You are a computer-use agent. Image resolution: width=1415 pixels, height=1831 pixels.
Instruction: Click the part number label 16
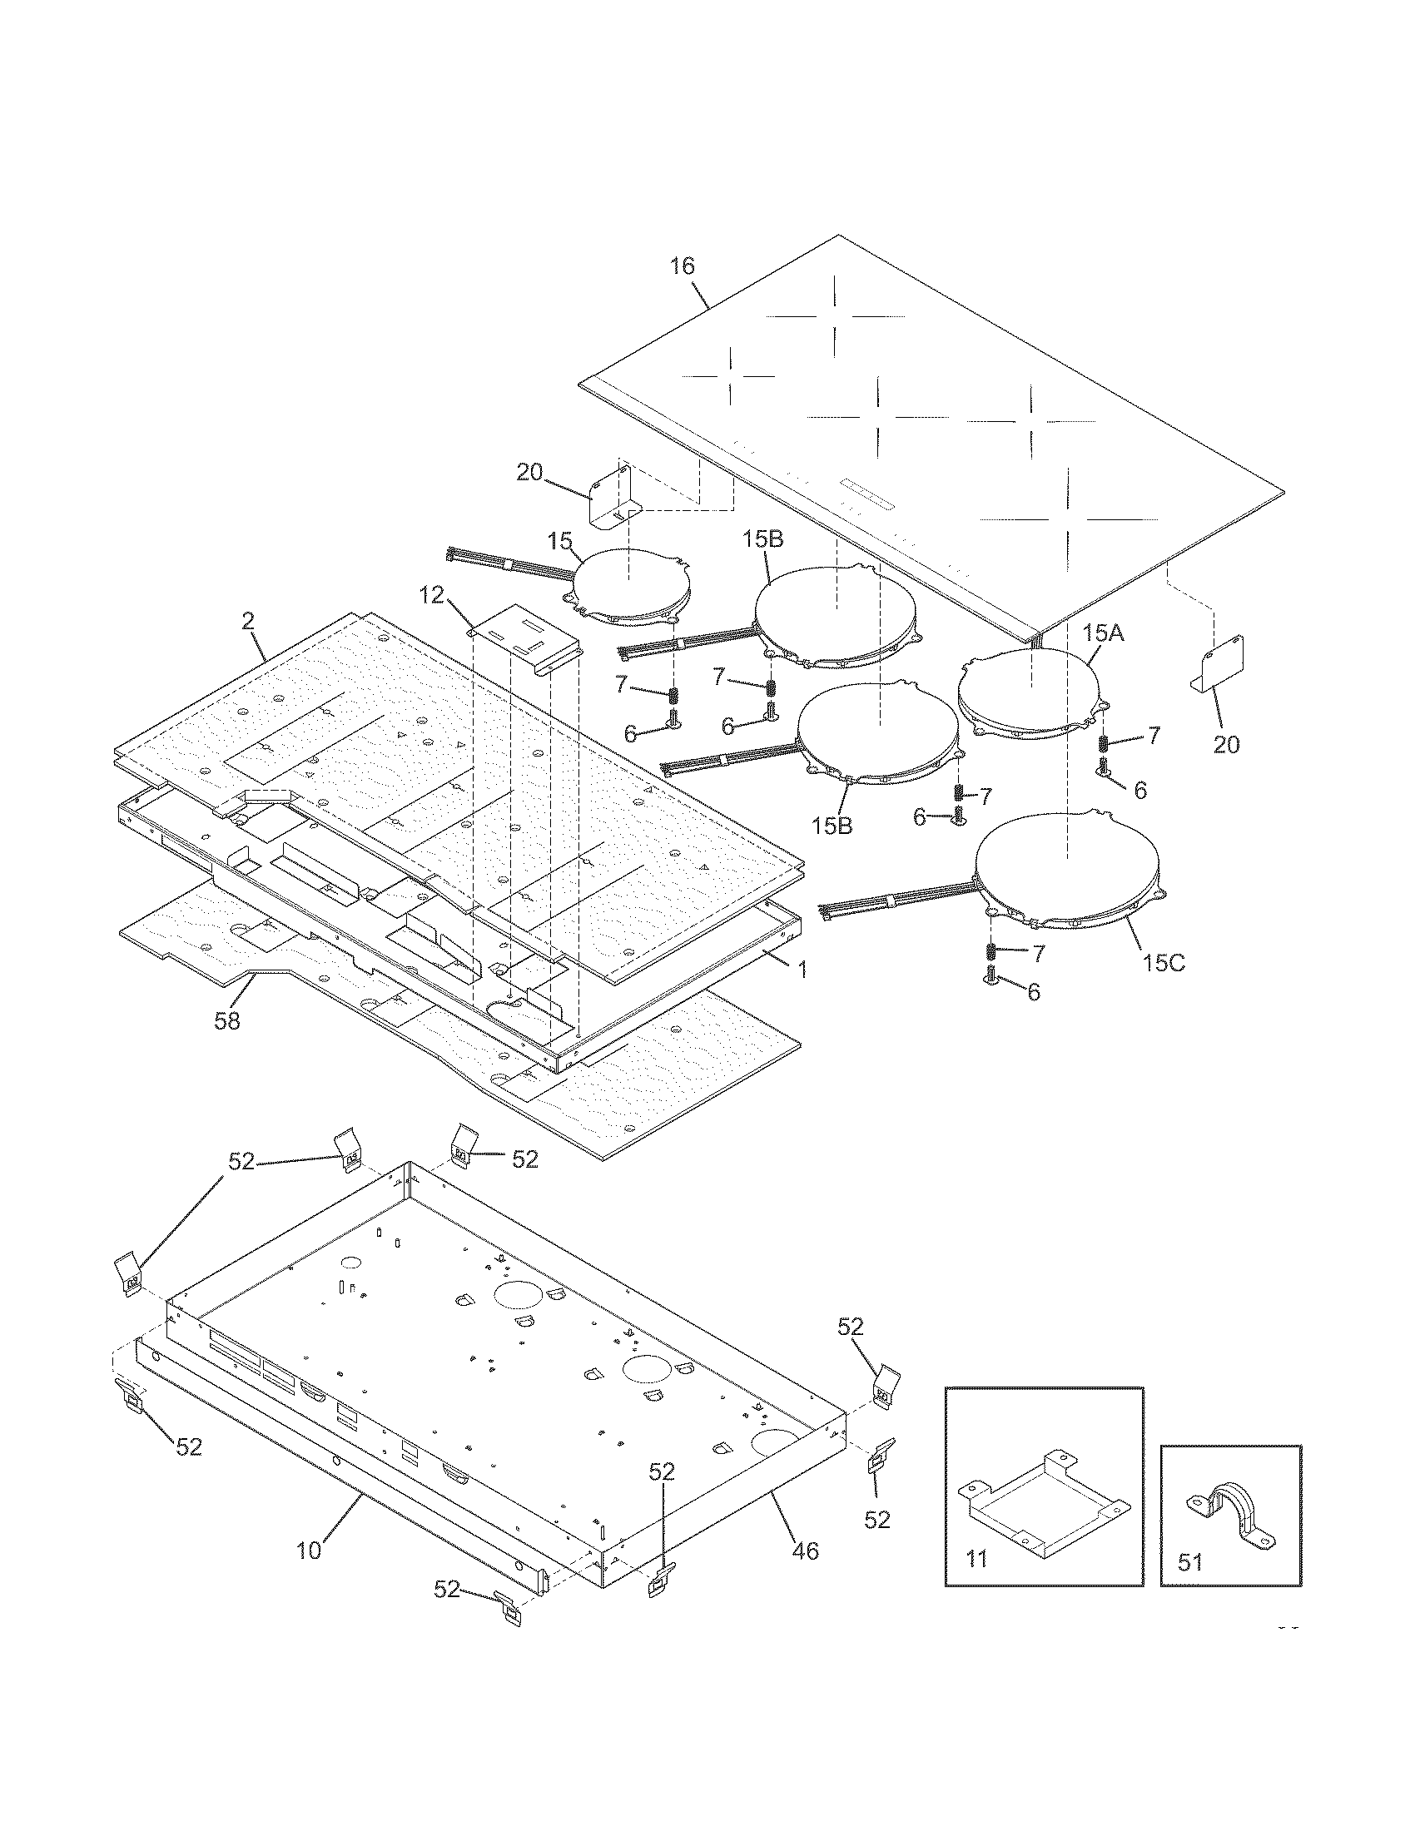pyautogui.click(x=682, y=266)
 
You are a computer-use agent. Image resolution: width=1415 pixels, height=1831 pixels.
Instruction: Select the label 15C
pyautogui.click(x=1164, y=962)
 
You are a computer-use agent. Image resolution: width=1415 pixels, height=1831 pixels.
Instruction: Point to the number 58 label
pyautogui.click(x=227, y=1020)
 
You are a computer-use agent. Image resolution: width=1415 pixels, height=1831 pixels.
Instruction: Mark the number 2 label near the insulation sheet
pyautogui.click(x=247, y=622)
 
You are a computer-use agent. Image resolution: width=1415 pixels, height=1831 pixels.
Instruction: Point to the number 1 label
pyautogui.click(x=802, y=970)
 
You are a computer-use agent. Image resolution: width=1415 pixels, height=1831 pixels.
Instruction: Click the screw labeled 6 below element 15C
pyautogui.click(x=991, y=977)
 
